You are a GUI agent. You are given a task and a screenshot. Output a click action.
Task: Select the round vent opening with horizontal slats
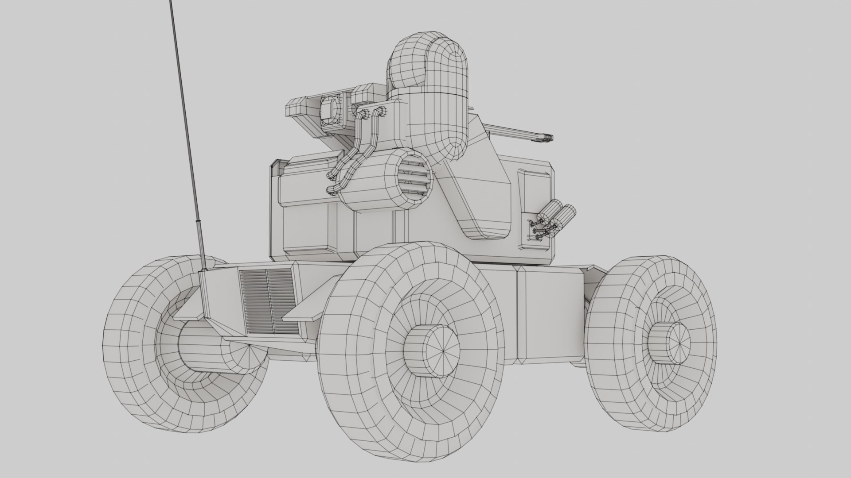click(x=413, y=179)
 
